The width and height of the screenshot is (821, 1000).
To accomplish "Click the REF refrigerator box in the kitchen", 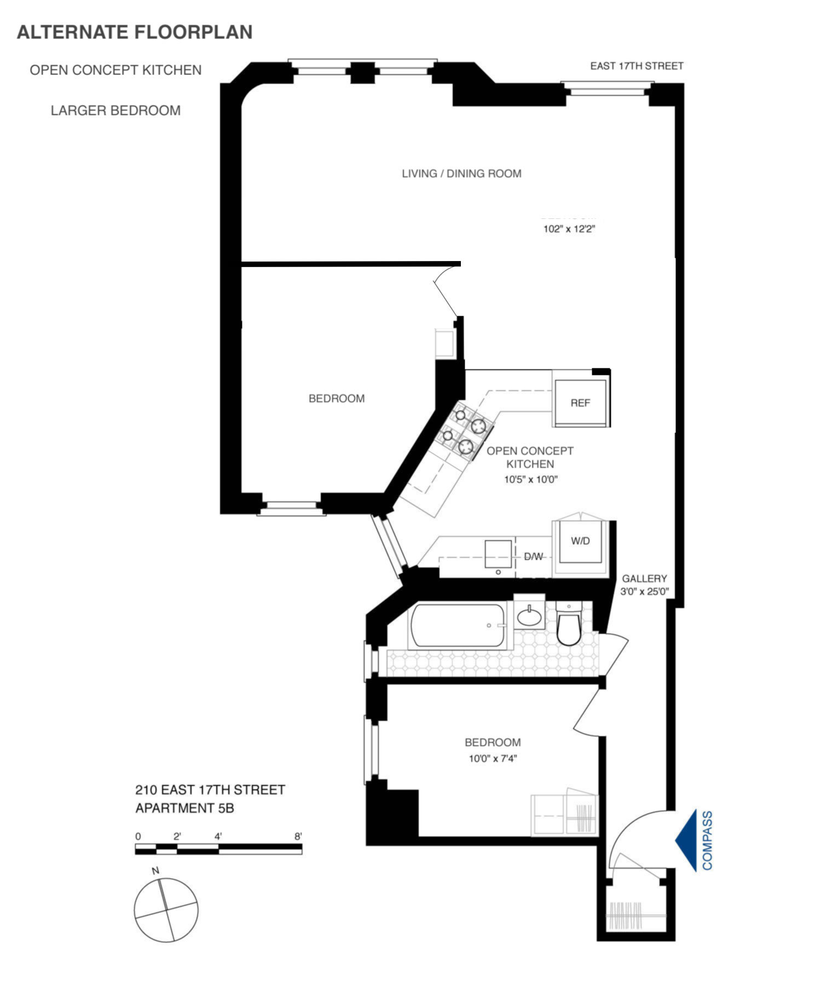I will [580, 402].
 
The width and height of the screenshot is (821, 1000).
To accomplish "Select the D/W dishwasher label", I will [533, 557].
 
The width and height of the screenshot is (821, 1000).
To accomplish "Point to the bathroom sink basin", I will [529, 617].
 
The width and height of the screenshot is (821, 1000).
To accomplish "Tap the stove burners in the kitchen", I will [465, 432].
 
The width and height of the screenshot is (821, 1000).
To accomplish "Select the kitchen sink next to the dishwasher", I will [498, 554].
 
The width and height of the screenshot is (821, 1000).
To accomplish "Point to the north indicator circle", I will [166, 910].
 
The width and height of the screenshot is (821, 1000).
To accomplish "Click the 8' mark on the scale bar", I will [298, 836].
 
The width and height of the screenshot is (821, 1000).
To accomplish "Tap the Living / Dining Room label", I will [461, 174].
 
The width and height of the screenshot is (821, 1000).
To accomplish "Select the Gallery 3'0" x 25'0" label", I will [644, 585].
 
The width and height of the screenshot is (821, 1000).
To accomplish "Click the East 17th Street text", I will [636, 66].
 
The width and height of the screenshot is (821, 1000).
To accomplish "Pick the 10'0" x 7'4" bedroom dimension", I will [493, 759].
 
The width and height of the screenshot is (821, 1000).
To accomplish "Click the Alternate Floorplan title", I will [135, 32].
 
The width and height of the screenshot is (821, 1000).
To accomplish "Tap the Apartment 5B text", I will [184, 808].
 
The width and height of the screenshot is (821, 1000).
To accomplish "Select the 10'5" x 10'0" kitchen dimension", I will [530, 480].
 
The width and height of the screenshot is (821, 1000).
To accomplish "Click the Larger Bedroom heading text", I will [115, 111].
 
